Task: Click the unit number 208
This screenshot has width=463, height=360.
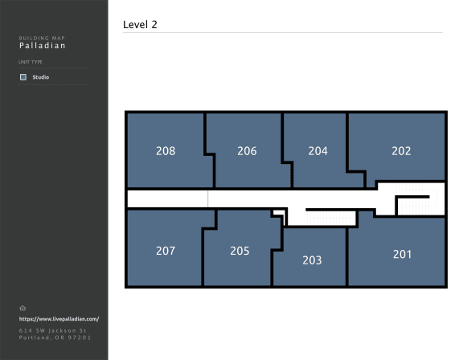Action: coord(166,151)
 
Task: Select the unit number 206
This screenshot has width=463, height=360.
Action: coord(247,151)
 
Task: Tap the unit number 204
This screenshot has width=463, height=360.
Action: coord(318,151)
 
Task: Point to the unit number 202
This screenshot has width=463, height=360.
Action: coord(401,151)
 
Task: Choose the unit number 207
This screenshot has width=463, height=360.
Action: coord(166,251)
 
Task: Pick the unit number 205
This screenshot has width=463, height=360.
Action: coord(240,251)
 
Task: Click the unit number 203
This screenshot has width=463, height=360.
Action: coord(312,260)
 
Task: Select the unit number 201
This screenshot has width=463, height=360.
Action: coord(402,255)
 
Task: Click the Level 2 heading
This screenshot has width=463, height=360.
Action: coord(140,24)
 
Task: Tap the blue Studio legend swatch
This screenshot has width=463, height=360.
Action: coord(23,77)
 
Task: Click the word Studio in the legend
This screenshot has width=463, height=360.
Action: coord(41,77)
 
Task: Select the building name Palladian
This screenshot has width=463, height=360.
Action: coord(43,46)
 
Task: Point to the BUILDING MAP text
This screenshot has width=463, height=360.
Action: coord(42,38)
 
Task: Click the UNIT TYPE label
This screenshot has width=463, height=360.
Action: coord(31,62)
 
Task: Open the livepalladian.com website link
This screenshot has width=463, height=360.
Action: coord(59,319)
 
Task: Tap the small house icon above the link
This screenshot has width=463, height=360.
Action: coord(23,309)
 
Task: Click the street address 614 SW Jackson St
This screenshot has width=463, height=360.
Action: coord(52,331)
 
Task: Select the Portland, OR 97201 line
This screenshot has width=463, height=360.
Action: coord(55,337)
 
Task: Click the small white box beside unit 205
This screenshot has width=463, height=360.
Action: coord(278,212)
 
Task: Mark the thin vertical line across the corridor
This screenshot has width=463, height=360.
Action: coord(208,199)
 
